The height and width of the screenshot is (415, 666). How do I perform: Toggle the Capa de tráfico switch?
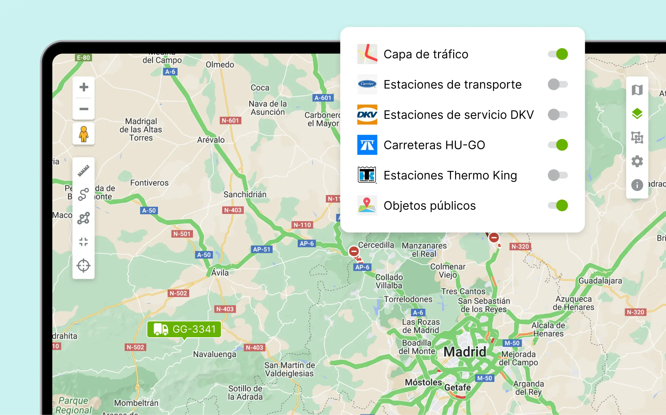click(x=558, y=54)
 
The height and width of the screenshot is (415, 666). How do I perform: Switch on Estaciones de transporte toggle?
click(x=558, y=84)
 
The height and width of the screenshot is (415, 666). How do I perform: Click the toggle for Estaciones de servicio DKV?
click(x=558, y=115)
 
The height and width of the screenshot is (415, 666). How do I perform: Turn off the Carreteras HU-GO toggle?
click(x=558, y=145)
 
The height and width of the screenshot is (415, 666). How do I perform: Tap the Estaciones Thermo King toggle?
click(x=558, y=175)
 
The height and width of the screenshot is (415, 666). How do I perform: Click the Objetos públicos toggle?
click(x=558, y=205)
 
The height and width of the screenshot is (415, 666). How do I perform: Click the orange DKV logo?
click(x=367, y=115)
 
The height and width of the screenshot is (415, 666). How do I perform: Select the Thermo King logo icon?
click(x=367, y=175)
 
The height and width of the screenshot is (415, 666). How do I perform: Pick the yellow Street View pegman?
click(x=83, y=134)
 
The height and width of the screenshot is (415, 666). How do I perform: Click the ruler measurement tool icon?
click(x=83, y=171)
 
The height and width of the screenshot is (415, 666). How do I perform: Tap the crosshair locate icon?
click(x=83, y=265)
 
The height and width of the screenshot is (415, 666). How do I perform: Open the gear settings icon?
click(x=637, y=161)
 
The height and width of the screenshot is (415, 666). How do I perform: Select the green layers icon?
click(x=637, y=114)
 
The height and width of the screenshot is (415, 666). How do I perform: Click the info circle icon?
click(x=637, y=185)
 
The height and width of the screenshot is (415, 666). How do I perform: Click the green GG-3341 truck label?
click(x=184, y=329)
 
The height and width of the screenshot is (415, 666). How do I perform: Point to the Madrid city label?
click(x=465, y=352)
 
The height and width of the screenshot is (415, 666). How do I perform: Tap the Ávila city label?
click(x=220, y=273)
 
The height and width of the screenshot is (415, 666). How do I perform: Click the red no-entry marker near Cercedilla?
click(x=354, y=251)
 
